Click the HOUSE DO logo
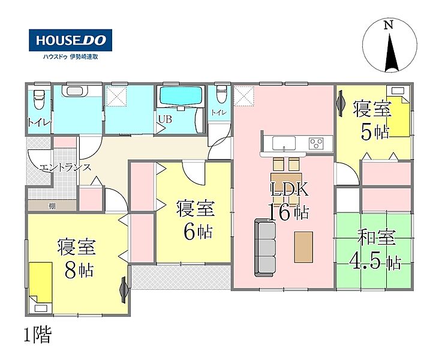(70, 40)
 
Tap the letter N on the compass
(388, 25)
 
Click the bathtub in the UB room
(181, 96)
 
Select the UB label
(165, 119)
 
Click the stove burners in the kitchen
(317, 143)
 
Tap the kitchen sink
(284, 143)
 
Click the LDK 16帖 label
(289, 201)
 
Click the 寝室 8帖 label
(77, 259)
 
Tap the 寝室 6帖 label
(195, 220)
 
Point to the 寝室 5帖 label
(372, 121)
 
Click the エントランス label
(65, 168)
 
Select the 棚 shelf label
(52, 206)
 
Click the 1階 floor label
(38, 335)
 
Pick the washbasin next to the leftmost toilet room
(74, 91)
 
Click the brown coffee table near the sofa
(303, 247)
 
